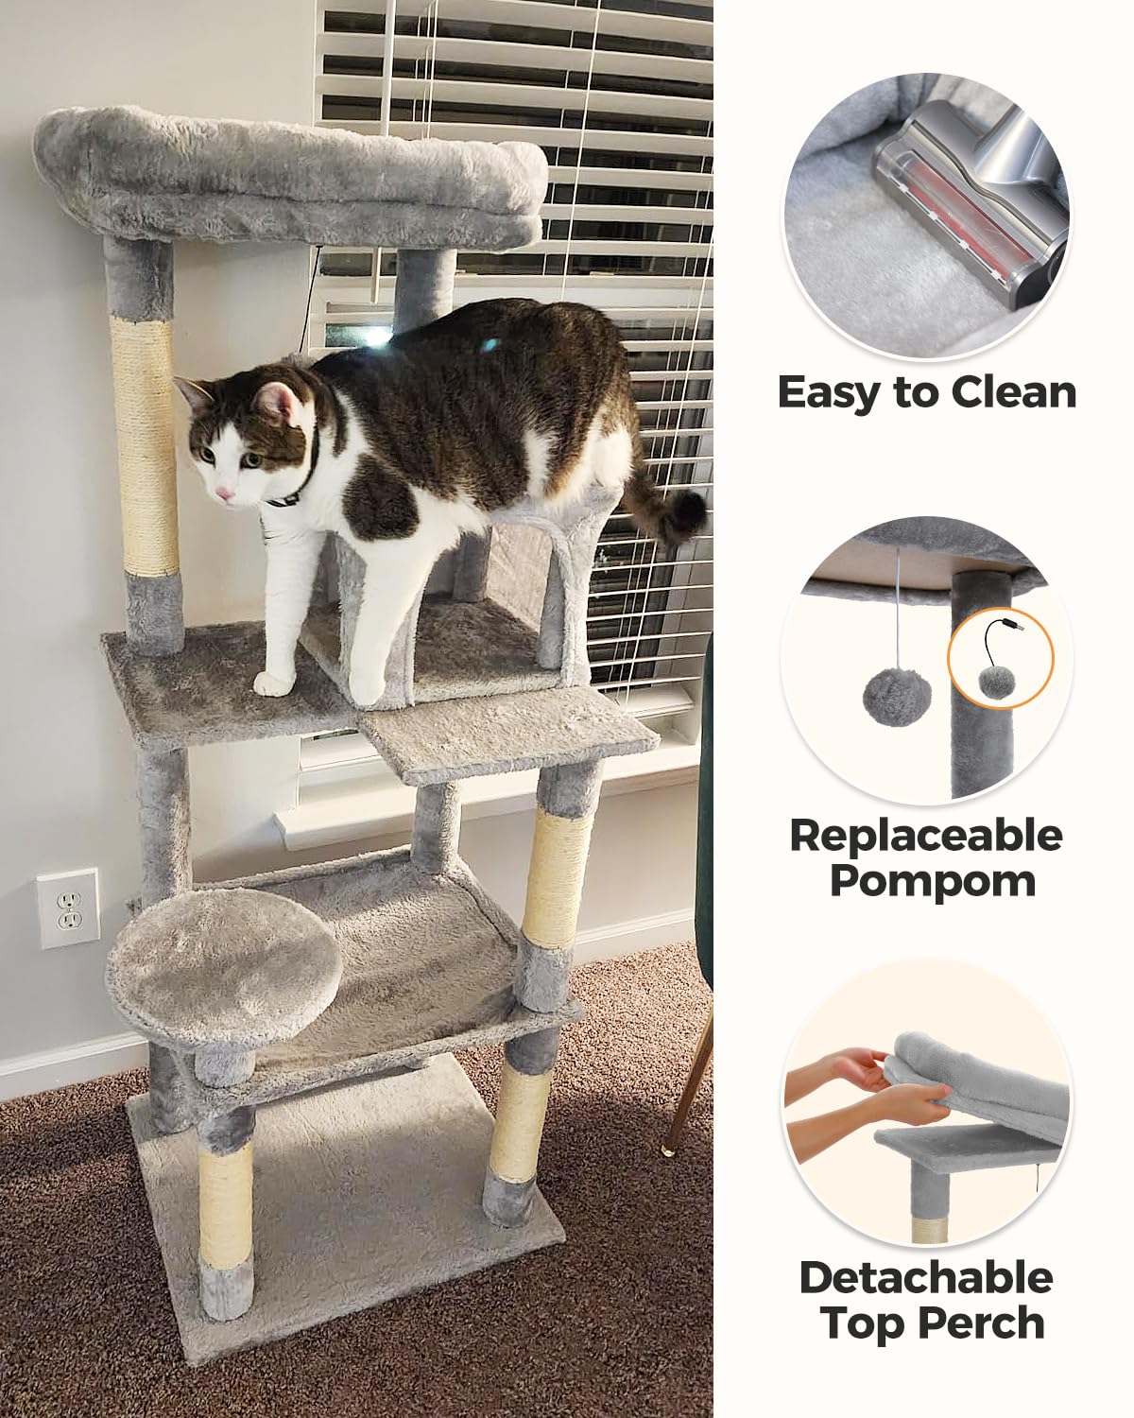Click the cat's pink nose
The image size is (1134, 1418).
224,493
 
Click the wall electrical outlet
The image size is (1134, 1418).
68,908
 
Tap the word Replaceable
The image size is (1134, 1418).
926,835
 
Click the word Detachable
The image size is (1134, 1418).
926,1278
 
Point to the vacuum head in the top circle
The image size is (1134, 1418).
973,208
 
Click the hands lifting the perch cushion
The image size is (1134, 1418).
874,1087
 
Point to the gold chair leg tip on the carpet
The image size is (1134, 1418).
668,1150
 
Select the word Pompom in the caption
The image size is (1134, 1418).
933,880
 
